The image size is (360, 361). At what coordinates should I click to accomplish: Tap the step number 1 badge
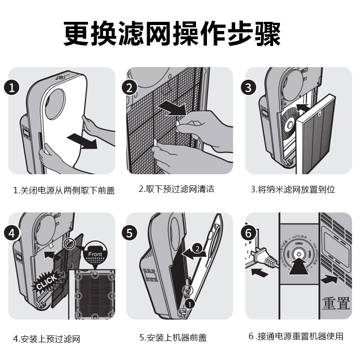pyautogui.click(x=12, y=88)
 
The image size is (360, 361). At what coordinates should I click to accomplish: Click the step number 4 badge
pyautogui.click(x=12, y=233)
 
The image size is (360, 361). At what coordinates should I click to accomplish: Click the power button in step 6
pyautogui.click(x=299, y=254)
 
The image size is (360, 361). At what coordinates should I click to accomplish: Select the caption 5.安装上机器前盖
pyautogui.click(x=173, y=338)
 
